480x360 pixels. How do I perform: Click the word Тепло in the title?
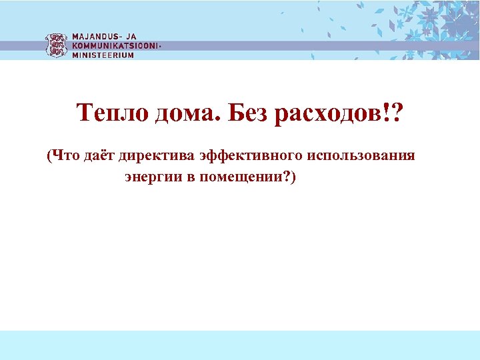(113, 114)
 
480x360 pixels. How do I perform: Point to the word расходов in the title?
(321, 114)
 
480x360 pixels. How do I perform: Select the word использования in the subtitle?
(361, 156)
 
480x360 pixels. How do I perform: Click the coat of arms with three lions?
(56, 45)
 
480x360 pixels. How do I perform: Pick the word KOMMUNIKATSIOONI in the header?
(115, 46)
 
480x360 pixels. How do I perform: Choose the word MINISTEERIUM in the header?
(103, 55)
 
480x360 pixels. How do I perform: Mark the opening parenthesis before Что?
(49, 156)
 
